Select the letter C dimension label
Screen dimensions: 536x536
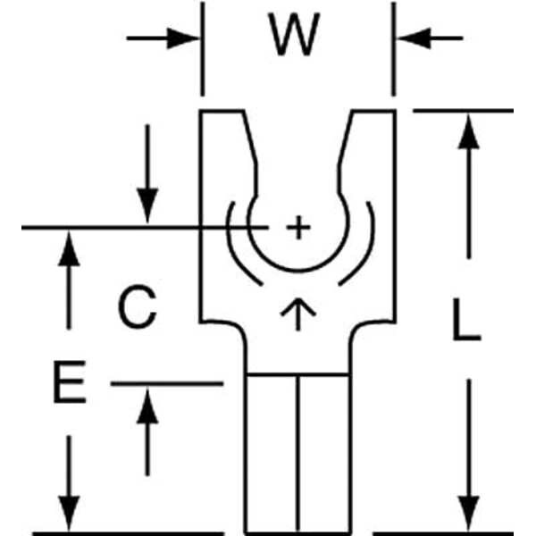coord(138,309)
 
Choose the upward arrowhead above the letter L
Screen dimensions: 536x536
coord(468,130)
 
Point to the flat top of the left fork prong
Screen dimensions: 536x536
coord(222,111)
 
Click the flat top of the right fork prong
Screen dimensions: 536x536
coord(373,111)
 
